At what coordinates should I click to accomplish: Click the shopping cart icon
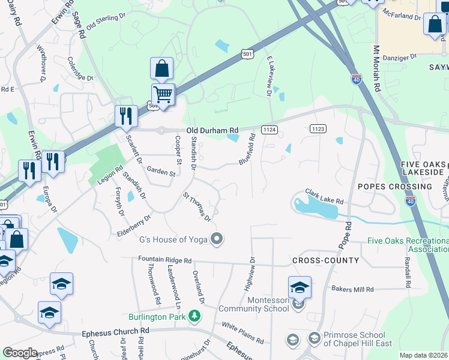click(163, 94)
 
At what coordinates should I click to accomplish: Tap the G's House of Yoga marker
click(217, 239)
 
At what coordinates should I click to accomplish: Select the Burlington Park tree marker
click(194, 316)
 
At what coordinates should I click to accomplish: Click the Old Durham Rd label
click(212, 130)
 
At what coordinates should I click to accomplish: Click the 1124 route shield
click(269, 130)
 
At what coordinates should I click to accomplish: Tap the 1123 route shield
click(318, 128)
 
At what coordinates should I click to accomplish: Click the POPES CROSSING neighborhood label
click(394, 187)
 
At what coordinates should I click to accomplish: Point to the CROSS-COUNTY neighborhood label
click(325, 260)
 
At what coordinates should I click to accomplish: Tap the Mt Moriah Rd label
click(377, 69)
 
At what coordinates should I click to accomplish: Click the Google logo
click(20, 353)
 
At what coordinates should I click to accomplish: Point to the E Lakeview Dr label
click(269, 78)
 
